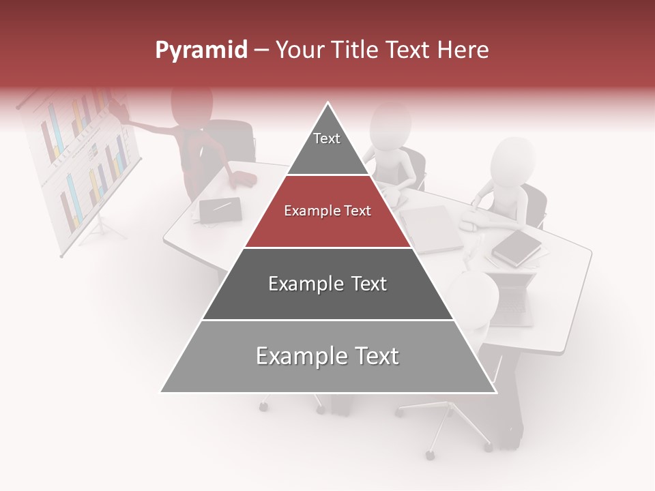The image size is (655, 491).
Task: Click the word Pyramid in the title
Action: (x=201, y=50)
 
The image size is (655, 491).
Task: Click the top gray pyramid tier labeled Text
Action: (x=327, y=147)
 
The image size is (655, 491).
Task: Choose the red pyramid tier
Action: (x=327, y=211)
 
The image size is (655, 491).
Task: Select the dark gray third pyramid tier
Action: (x=327, y=284)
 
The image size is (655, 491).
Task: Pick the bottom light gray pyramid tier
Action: (x=327, y=357)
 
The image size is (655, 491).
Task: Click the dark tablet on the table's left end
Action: (x=220, y=210)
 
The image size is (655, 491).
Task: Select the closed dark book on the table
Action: (x=516, y=247)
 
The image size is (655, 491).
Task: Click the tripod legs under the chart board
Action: (x=102, y=228)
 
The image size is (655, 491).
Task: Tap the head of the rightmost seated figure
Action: (x=512, y=161)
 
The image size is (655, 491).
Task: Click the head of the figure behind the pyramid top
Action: (x=390, y=125)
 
